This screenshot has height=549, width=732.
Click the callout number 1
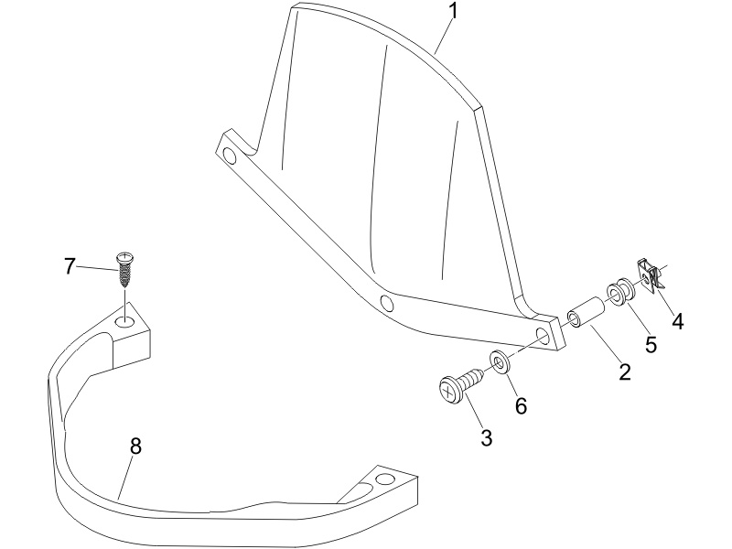pyautogui.click(x=452, y=11)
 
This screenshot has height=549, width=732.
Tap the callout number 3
pyautogui.click(x=487, y=438)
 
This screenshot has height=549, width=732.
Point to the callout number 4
pyautogui.click(x=677, y=322)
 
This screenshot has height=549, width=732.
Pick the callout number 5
pyautogui.click(x=651, y=345)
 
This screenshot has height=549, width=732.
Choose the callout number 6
pyautogui.click(x=521, y=405)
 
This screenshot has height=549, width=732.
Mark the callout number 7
pyautogui.click(x=70, y=266)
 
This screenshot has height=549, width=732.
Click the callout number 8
pyautogui.click(x=135, y=447)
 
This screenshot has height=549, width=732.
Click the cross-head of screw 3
pyautogui.click(x=449, y=392)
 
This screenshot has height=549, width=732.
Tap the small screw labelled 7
pyautogui.click(x=124, y=269)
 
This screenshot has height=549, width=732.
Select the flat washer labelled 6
pyautogui.click(x=500, y=361)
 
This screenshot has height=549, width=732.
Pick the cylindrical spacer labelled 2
pyautogui.click(x=586, y=312)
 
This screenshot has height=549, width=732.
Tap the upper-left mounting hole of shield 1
pyautogui.click(x=230, y=156)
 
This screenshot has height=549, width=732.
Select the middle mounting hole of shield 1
pyautogui.click(x=386, y=304)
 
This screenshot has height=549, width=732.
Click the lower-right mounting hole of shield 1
pyautogui.click(x=543, y=335)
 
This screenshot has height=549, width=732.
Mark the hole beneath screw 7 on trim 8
pyautogui.click(x=124, y=321)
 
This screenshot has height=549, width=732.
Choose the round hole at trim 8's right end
pyautogui.click(x=385, y=479)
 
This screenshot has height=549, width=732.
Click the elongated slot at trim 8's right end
pyautogui.click(x=359, y=492)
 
